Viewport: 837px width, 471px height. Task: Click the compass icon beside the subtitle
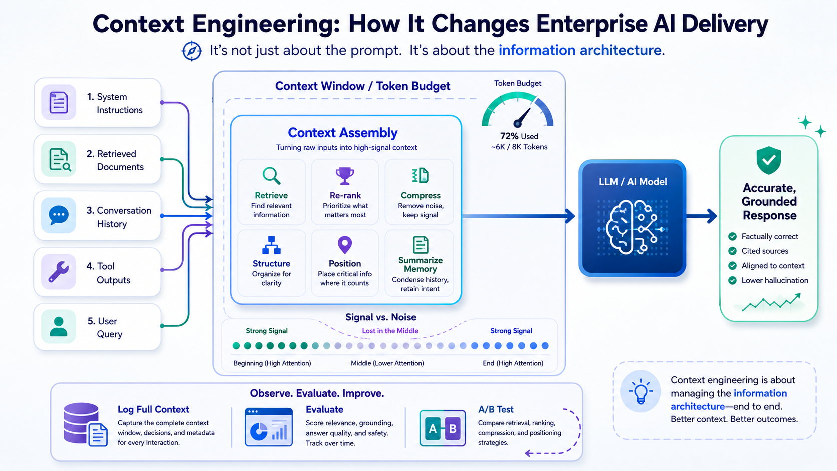(x=192, y=51)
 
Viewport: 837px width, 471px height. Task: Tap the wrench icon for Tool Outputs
(x=58, y=272)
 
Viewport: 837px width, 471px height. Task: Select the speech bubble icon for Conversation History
(x=59, y=215)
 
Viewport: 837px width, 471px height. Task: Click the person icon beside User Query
(x=59, y=327)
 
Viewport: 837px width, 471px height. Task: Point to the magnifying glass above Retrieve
(x=271, y=176)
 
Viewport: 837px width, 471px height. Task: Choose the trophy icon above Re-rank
(x=344, y=176)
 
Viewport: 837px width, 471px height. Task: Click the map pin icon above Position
(x=345, y=245)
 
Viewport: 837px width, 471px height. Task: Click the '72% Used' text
(x=519, y=136)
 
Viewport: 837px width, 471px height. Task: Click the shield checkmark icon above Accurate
(x=768, y=160)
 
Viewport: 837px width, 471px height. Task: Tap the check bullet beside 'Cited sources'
(x=732, y=251)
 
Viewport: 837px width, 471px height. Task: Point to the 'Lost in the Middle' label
(x=390, y=331)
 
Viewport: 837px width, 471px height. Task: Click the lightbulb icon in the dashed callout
(x=641, y=391)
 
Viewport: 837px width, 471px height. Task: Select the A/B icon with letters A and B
(x=443, y=428)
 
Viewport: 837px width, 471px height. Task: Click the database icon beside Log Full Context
(x=85, y=424)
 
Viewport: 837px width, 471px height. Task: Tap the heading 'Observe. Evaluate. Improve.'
(x=317, y=393)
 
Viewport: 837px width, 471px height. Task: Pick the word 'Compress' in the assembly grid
(x=421, y=195)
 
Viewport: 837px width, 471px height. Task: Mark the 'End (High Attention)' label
(x=513, y=363)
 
